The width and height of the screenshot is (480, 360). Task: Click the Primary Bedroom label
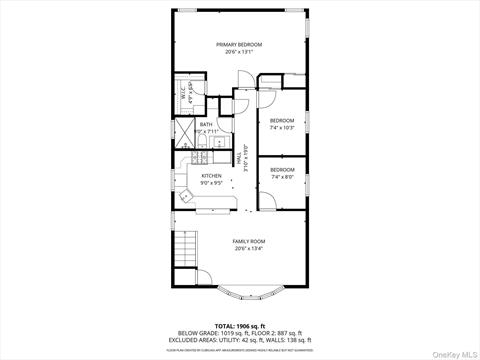coord(238,44)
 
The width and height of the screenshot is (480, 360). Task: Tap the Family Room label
coord(249,241)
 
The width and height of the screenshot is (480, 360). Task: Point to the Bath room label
coord(205,124)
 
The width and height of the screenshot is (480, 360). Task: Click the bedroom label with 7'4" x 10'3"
coord(282,121)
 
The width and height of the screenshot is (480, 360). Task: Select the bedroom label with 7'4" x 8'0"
coord(282,171)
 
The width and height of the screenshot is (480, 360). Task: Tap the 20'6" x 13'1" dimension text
coord(238,52)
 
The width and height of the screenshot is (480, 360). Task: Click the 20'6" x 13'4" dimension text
coord(249,249)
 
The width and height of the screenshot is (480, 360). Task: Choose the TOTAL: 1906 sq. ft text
coord(238,326)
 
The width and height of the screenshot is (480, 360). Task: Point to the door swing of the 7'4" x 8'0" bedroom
coord(267,199)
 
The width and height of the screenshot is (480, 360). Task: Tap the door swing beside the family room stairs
coord(203,279)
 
